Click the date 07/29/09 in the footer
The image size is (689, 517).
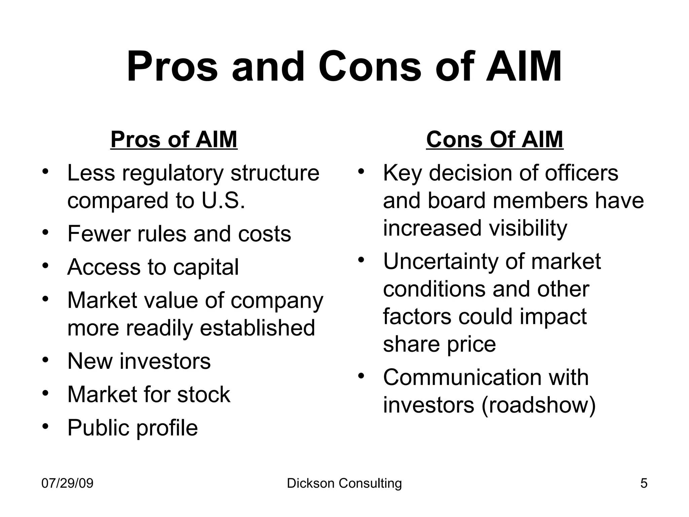[x=67, y=483]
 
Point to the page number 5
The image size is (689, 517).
[x=644, y=483]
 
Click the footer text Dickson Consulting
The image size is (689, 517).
[x=344, y=483]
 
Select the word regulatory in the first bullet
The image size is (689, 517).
[x=173, y=174]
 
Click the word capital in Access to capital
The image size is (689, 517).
[x=206, y=267]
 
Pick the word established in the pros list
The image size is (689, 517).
[x=257, y=328]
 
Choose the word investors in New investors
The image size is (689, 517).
[x=165, y=361]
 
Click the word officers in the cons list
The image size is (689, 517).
[x=581, y=173]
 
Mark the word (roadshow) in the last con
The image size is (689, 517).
[x=539, y=405]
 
